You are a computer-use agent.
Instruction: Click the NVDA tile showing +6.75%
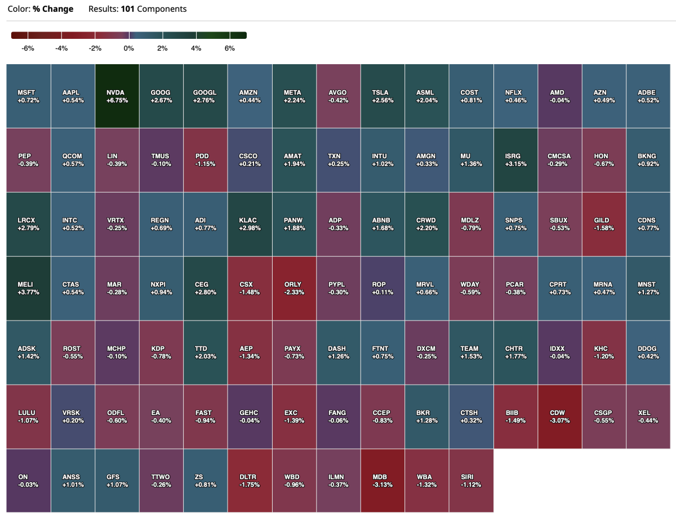coord(117,96)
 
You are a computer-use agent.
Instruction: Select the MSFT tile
coord(29,96)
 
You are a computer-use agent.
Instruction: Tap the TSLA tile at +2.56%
coord(383,96)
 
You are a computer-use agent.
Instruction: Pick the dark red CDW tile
coord(559,417)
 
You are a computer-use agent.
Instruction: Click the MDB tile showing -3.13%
coord(383,480)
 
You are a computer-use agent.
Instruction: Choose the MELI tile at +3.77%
coord(29,288)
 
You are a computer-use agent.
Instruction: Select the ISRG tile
coord(515,160)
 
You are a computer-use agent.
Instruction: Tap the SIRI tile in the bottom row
coord(471,480)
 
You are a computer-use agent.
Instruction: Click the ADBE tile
coord(648,96)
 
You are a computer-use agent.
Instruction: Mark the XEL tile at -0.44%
coord(648,417)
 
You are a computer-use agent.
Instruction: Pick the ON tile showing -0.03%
coord(29,480)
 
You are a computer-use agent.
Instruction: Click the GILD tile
coord(603,224)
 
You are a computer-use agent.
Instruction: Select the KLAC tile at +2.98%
coord(250,224)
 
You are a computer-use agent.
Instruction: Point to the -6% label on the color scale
coord(28,48)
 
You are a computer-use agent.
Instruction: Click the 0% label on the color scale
coord(129,48)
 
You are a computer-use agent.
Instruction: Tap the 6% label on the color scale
coord(229,48)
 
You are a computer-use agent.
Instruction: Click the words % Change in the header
coord(52,9)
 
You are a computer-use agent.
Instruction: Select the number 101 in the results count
coord(128,9)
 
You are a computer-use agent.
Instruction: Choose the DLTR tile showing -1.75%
coord(250,480)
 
